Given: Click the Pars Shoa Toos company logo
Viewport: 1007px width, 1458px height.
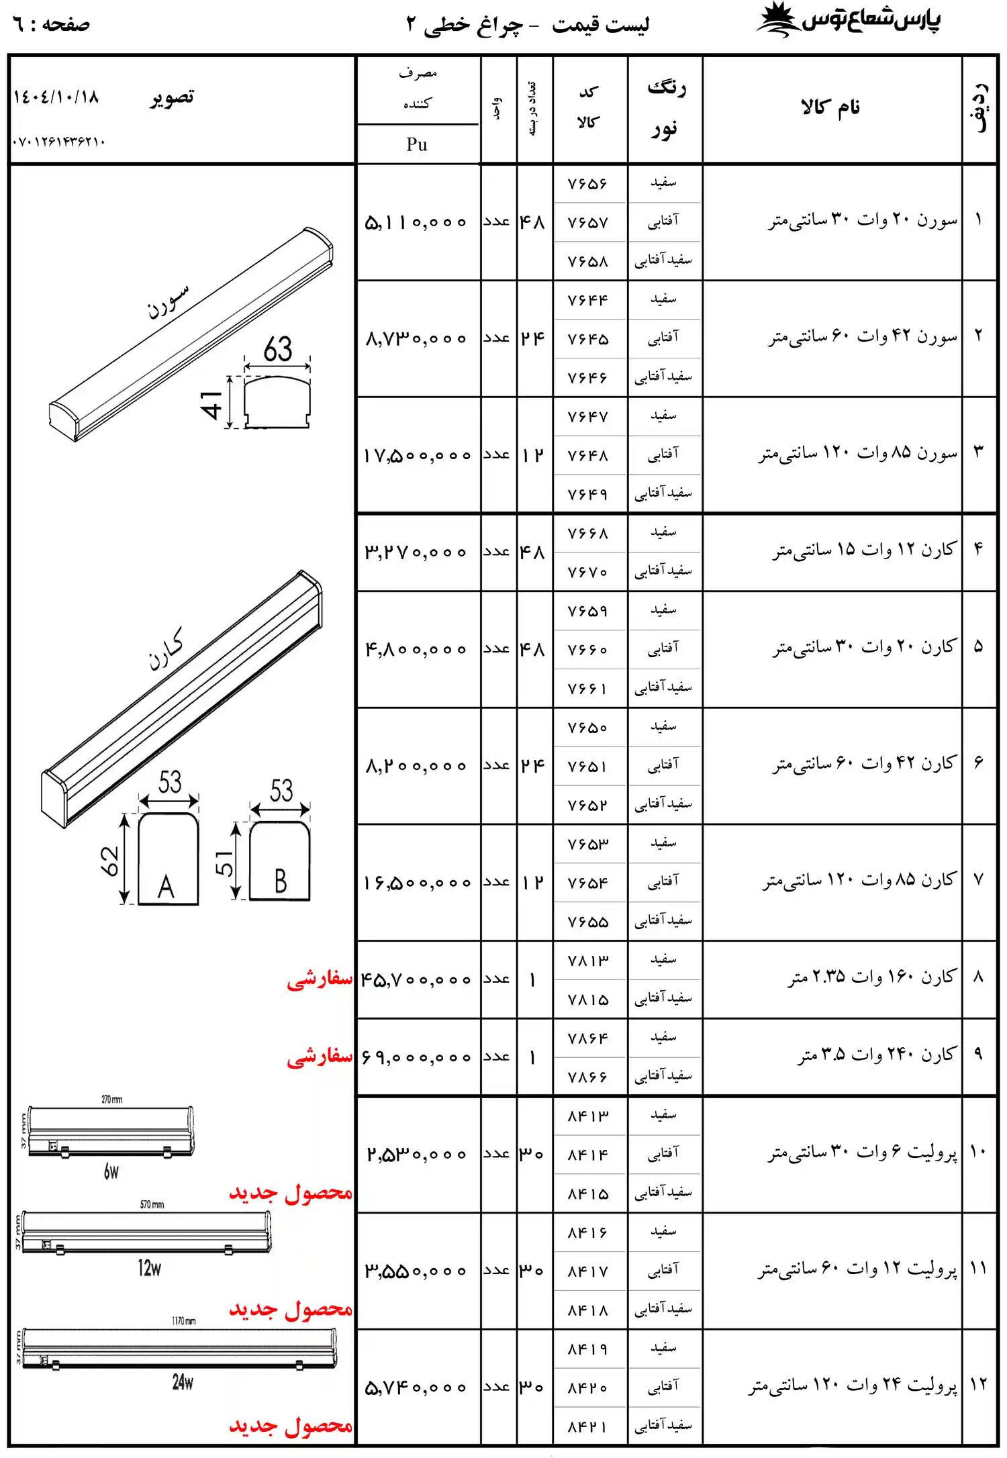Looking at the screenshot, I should point(849,20).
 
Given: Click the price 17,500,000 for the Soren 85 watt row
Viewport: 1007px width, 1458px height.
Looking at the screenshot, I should point(417,456).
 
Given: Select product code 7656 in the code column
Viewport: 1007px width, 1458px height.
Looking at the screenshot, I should point(587,184).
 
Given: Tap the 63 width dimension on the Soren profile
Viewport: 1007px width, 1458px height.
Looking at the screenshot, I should point(277,349).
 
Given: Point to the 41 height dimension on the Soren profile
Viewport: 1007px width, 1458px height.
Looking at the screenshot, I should point(211,405).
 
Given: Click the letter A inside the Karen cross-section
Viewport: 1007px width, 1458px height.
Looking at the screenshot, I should point(166,887).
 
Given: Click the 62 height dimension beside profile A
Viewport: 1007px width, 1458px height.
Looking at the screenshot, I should point(109,861).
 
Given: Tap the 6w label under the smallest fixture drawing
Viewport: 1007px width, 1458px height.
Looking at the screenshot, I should point(111,1172).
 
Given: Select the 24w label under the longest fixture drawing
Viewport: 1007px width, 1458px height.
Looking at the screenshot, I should point(183,1382).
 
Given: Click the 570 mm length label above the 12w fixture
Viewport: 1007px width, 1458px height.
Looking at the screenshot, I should point(152,1205).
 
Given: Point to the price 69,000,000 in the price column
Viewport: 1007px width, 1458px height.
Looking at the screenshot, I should point(417,1058).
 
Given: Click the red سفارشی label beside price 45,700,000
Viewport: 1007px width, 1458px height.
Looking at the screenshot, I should point(320,979).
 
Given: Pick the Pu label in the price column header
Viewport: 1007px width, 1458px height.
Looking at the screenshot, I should point(417,144).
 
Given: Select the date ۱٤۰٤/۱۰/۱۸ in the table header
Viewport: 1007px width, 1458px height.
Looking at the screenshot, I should point(56,97).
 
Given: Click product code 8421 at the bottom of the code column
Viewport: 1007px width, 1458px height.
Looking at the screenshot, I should point(587,1426).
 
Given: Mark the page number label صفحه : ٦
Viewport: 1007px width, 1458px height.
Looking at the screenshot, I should point(51,25).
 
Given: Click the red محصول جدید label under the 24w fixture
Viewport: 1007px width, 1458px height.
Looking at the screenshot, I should point(291,1425).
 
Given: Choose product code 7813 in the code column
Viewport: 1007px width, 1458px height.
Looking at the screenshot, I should point(587,961).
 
